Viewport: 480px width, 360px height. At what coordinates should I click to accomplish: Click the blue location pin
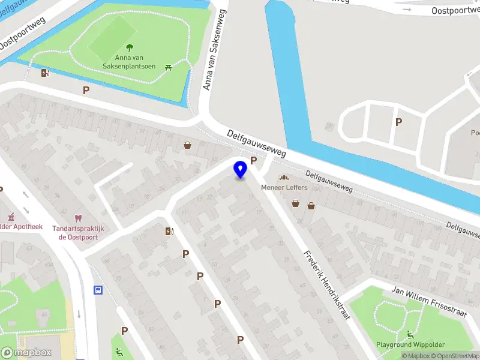pos(240,170)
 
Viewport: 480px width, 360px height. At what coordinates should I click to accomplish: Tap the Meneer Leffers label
pos(284,188)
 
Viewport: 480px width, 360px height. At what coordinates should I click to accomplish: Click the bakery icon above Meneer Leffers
pos(284,178)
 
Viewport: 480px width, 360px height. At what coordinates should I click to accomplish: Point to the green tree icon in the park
pos(130,47)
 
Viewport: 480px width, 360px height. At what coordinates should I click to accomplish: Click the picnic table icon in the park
pos(169,66)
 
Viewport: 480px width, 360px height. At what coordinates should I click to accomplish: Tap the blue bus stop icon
pos(97,290)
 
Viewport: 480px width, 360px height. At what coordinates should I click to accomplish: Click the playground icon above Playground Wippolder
pos(410,334)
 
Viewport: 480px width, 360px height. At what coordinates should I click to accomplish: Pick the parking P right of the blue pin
pos(253,160)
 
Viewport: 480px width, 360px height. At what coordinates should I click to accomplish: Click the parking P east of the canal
pos(398,122)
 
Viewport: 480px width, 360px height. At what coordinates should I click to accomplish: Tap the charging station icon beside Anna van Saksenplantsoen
pos(45,73)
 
